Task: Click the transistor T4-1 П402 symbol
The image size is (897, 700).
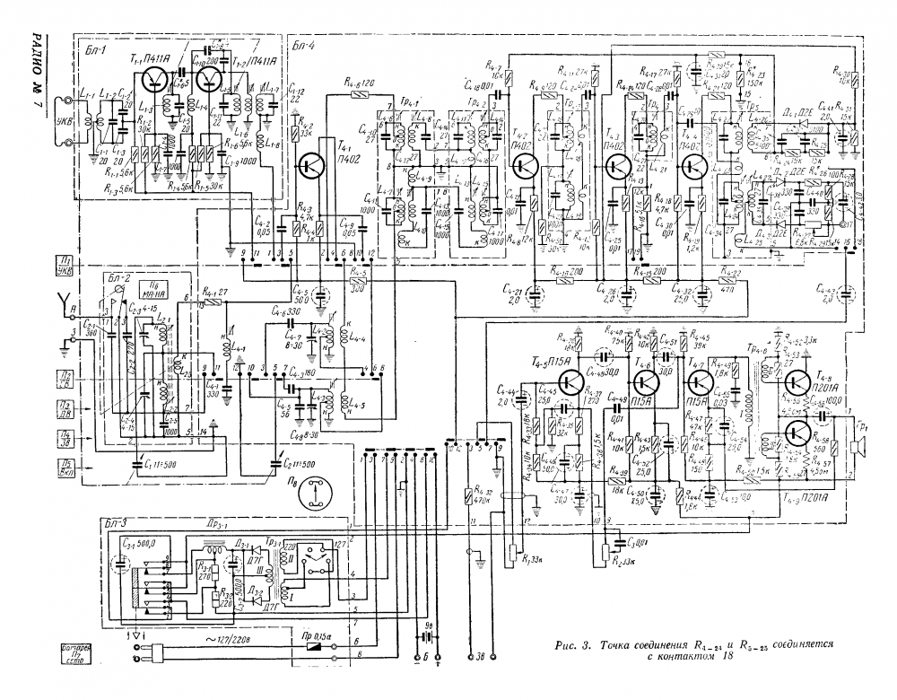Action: point(313,165)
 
